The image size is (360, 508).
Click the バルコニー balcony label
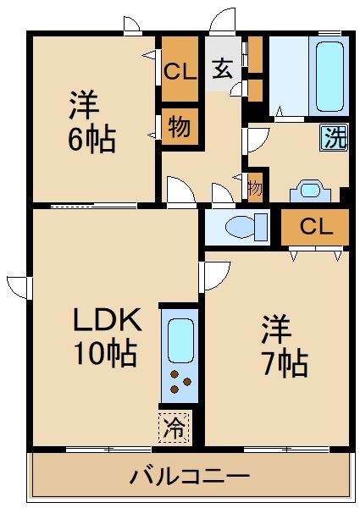[189, 477]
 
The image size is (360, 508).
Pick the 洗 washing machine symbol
[334, 138]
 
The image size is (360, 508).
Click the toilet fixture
[238, 227]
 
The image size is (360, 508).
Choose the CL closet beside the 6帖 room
[180, 71]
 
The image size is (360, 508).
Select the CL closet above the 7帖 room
[315, 227]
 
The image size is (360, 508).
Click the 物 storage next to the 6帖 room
[179, 126]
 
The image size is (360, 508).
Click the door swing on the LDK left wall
[19, 283]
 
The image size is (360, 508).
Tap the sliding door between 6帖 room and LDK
[93, 205]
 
